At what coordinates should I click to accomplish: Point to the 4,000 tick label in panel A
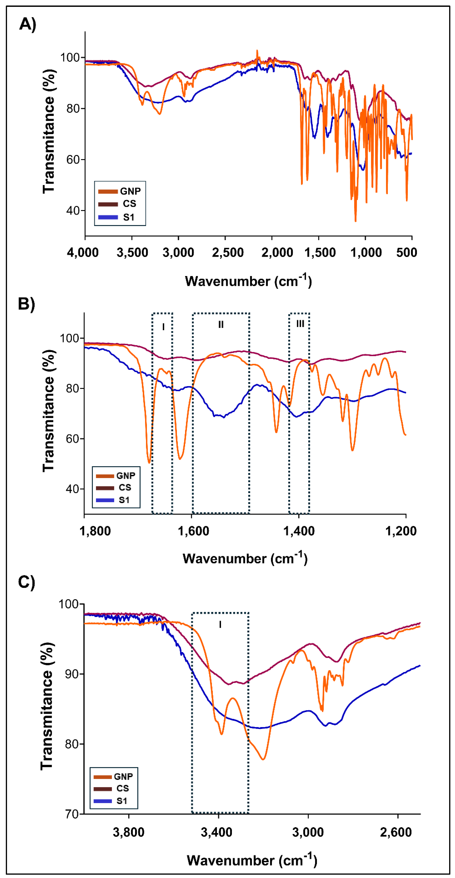pyautogui.click(x=83, y=253)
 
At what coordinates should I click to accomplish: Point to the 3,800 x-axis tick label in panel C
pyautogui.click(x=129, y=832)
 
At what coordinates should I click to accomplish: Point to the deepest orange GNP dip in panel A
pyautogui.click(x=355, y=221)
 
